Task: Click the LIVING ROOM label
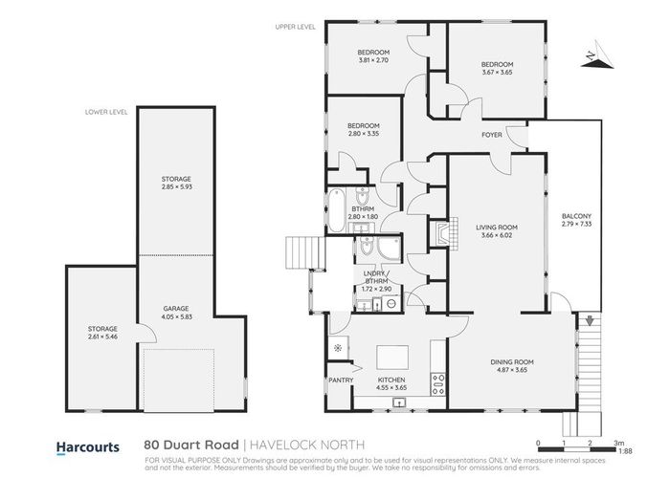pos(495,227)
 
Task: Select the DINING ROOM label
pos(510,361)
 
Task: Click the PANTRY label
pos(341,380)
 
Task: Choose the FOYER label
pos(492,135)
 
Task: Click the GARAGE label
pos(176,309)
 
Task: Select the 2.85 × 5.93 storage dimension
pos(176,186)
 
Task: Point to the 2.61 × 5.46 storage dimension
pos(101,337)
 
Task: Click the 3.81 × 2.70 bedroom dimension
pos(373,59)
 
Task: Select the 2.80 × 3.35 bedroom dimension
pos(364,135)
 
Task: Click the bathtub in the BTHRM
pos(336,210)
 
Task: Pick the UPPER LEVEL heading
pos(296,28)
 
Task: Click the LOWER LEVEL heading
pos(106,112)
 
